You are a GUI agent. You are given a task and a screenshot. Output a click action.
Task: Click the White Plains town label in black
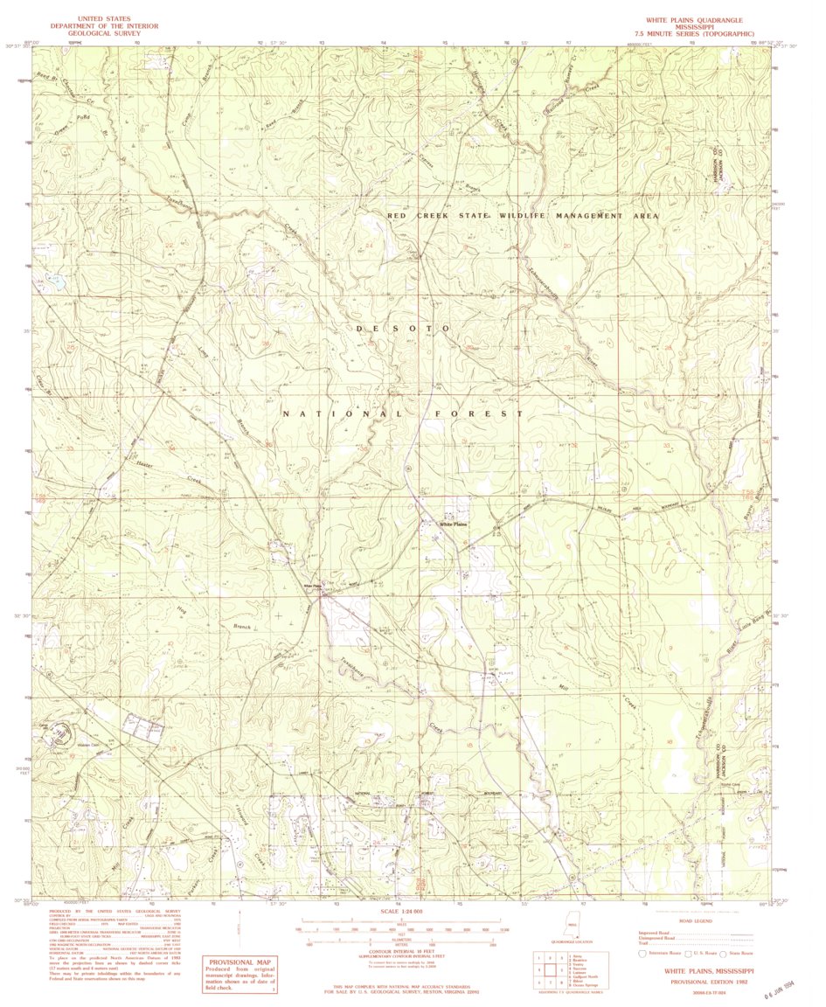pyautogui.click(x=454, y=524)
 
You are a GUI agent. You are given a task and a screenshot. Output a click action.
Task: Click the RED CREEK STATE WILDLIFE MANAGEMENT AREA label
pyautogui.click(x=523, y=215)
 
